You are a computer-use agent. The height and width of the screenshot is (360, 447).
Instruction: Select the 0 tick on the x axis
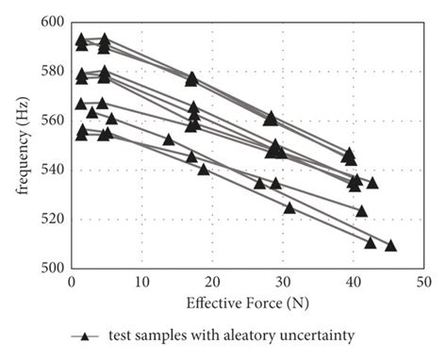click(x=71, y=282)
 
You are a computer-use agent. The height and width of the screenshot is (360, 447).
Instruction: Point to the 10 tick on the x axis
click(x=141, y=282)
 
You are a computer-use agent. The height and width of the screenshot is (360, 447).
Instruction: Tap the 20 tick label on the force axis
click(x=212, y=282)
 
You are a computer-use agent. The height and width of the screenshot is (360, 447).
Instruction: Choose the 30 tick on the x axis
click(x=282, y=282)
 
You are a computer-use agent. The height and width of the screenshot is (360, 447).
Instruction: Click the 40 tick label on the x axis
click(x=353, y=282)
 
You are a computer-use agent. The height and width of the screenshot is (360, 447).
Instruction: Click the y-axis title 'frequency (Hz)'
click(x=21, y=145)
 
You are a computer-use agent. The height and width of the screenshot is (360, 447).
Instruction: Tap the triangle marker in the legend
click(x=84, y=335)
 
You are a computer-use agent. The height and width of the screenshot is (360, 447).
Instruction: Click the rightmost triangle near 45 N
click(x=390, y=246)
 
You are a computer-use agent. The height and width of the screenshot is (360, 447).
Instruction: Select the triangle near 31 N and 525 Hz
click(x=290, y=207)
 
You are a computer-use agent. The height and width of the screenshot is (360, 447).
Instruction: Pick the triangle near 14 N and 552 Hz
click(x=169, y=139)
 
